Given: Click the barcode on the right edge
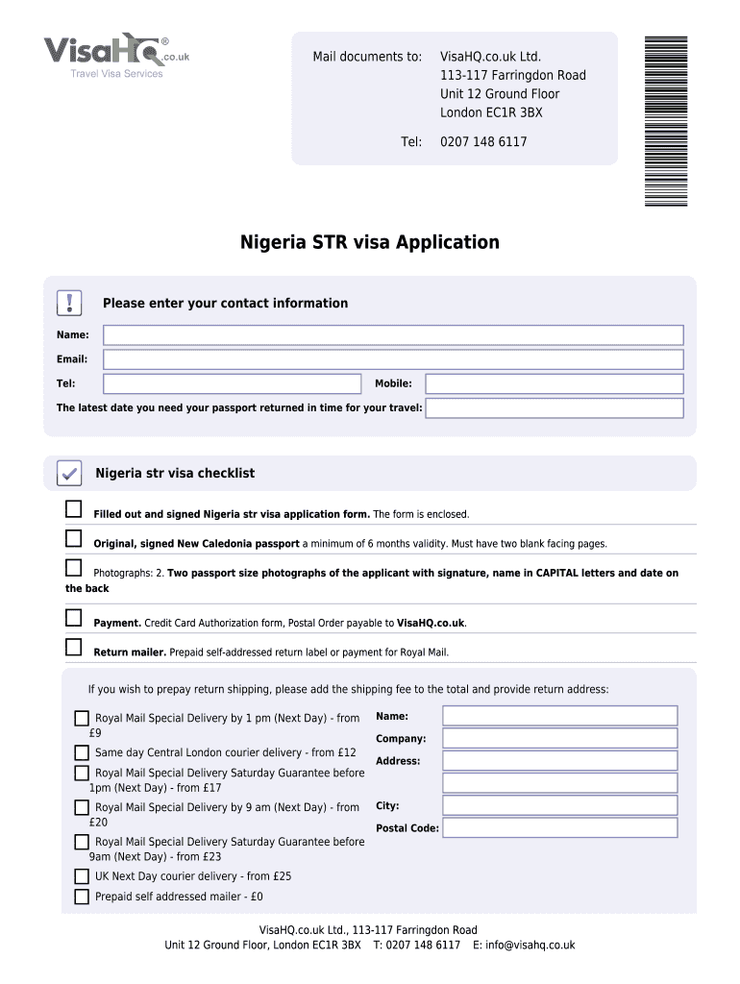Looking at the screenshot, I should click(666, 120).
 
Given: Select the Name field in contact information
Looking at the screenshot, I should click(393, 335).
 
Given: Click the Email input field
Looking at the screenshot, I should click(393, 359).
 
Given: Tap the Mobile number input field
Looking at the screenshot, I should click(555, 383).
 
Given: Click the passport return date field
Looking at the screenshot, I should click(555, 408).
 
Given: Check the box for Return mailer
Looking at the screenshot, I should click(74, 647).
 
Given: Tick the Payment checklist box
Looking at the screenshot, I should click(74, 617).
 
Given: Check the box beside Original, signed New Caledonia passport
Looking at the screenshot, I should click(74, 537).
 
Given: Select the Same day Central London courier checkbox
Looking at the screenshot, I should click(82, 752).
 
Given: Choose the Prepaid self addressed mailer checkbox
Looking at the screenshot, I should click(82, 897).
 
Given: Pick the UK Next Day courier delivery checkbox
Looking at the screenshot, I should click(82, 876).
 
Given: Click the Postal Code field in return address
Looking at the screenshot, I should click(559, 828).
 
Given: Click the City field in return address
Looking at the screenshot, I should click(559, 805).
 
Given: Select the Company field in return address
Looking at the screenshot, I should click(559, 738).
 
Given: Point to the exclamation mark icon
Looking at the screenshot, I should click(70, 304).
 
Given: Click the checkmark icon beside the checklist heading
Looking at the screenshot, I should click(69, 474).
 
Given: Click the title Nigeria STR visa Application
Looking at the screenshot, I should click(369, 242).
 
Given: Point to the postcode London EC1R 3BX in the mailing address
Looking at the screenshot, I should click(491, 112).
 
